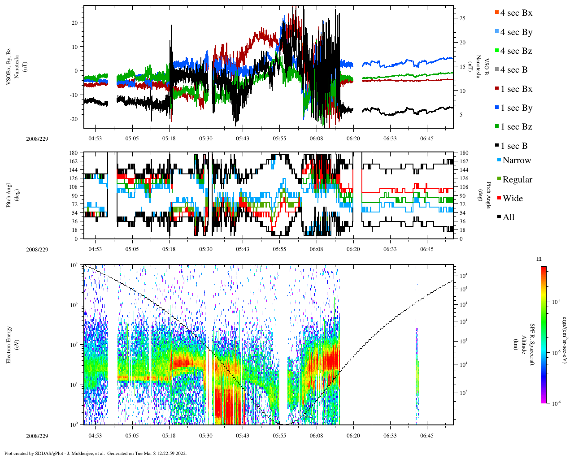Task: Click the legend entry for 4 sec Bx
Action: [x=516, y=13]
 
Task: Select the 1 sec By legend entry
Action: [x=516, y=108]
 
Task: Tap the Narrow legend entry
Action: [x=516, y=160]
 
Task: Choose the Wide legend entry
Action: [x=512, y=199]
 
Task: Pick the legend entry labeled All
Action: [x=508, y=217]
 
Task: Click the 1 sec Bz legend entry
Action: [x=516, y=127]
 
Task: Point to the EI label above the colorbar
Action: [x=539, y=259]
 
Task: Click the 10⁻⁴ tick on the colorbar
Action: [x=557, y=302]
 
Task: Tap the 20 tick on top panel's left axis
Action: [x=75, y=22]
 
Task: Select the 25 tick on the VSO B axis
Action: [x=462, y=18]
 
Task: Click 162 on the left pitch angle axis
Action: [x=74, y=161]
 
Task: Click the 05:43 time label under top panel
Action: [x=243, y=139]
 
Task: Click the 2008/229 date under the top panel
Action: [x=37, y=139]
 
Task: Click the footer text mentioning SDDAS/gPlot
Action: [x=95, y=453]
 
